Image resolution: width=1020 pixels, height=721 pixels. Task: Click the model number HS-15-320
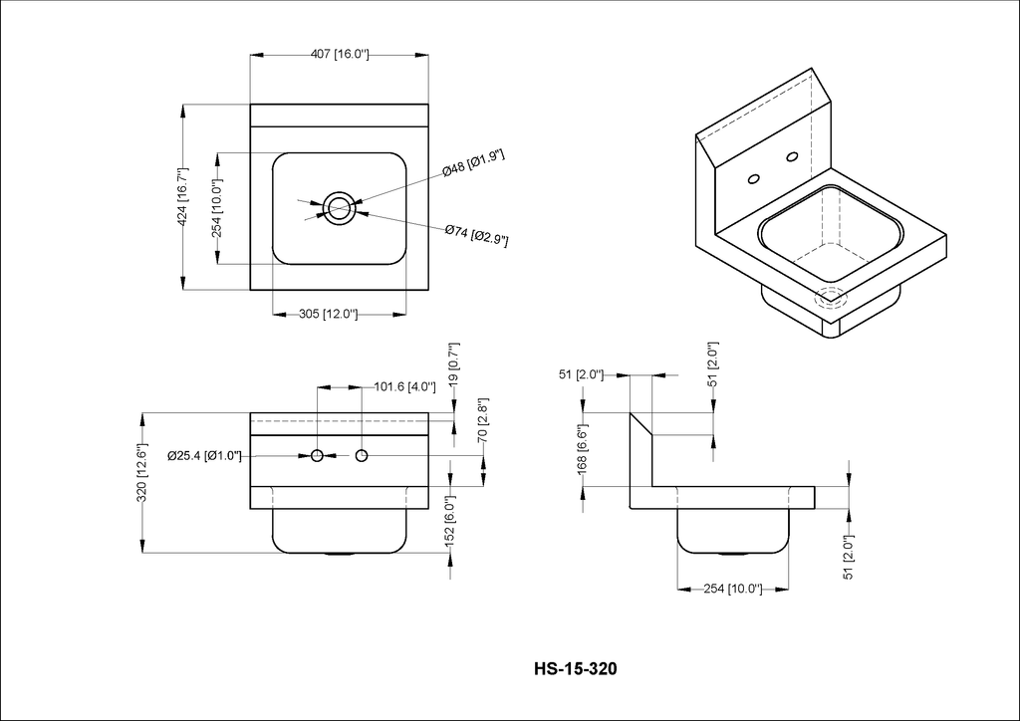pos(575,668)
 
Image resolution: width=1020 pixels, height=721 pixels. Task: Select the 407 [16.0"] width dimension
pos(340,55)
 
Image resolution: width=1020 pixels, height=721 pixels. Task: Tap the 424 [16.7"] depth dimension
pos(183,197)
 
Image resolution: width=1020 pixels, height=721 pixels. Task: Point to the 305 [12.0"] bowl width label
pos(329,315)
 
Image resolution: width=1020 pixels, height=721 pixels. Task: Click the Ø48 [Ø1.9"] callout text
pos(473,163)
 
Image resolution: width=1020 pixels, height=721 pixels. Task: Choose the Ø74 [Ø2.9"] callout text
pos(477,235)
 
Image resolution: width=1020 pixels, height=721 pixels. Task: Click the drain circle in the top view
pos(339,209)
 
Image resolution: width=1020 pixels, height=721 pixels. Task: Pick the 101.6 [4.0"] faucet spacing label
pos(404,386)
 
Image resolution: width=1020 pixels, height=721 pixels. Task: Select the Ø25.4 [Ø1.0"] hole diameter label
pos(204,456)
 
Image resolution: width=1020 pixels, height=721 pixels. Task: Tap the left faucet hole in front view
pos(318,456)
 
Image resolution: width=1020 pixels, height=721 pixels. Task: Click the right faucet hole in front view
pos(362,456)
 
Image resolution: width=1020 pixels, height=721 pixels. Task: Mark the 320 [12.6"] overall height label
pos(141,473)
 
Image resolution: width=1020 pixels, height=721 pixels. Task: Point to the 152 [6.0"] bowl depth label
pos(450,520)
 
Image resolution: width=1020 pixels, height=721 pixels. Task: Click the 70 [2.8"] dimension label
pos(483,420)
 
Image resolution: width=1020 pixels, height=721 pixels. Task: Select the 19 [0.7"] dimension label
pos(454,362)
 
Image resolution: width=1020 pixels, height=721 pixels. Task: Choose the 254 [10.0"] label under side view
pos(733,589)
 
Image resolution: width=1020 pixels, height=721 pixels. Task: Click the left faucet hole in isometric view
pos(755,179)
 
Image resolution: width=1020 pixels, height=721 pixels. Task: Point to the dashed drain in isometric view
pos(832,299)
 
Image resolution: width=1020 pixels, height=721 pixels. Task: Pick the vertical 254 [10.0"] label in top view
pos(216,209)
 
